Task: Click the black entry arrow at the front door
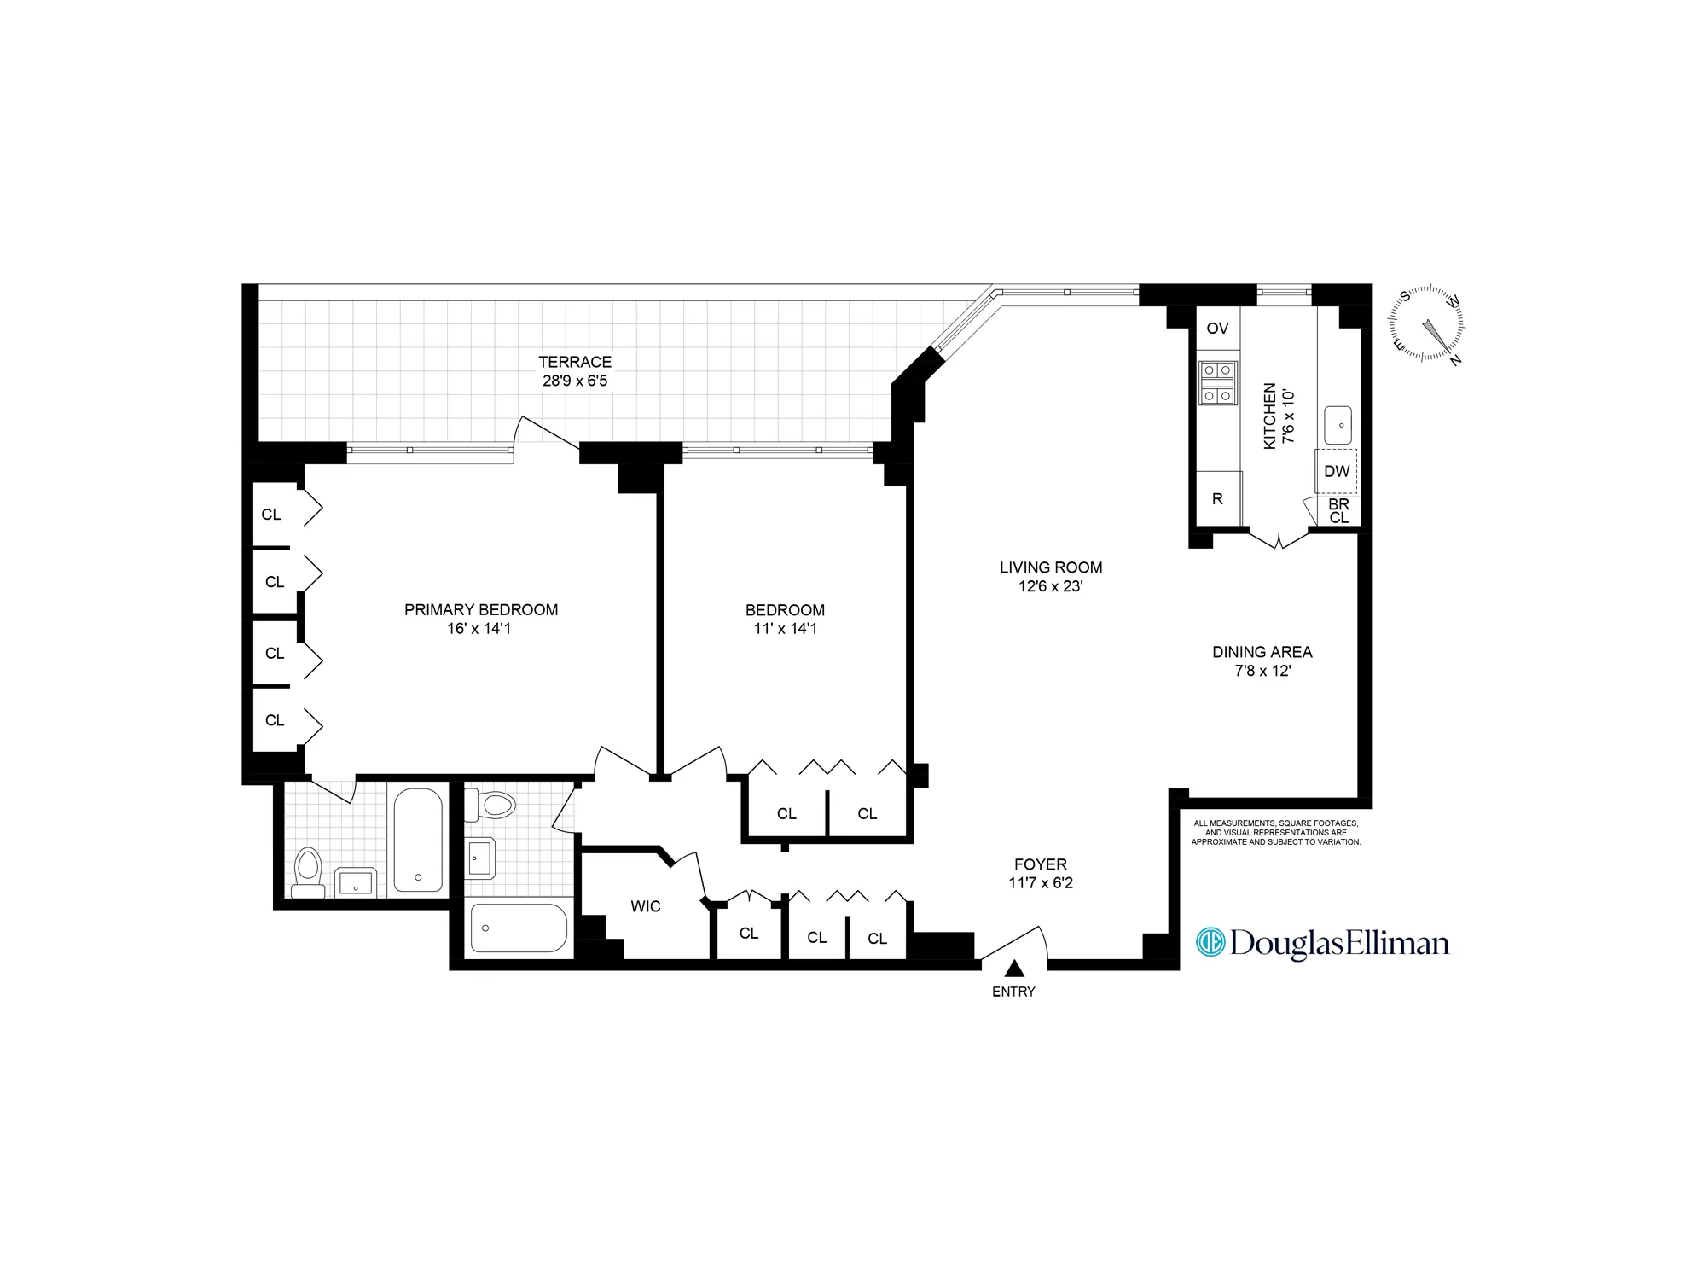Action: coord(1013,969)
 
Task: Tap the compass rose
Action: coord(1426,323)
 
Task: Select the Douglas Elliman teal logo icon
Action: coord(1210,942)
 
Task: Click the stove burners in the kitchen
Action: coord(1217,383)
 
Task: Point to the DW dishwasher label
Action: coord(1337,471)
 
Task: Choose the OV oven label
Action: coord(1217,329)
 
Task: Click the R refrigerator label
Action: coord(1217,499)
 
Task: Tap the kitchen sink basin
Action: coord(1338,425)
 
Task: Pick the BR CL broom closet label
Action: coord(1338,511)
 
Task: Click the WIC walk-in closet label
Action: coord(646,906)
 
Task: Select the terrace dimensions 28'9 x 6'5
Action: coord(575,381)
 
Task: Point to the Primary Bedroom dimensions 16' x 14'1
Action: coord(479,629)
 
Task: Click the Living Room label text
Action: coord(1051,567)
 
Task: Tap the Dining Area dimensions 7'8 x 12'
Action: coord(1262,671)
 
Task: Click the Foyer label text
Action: coord(1041,864)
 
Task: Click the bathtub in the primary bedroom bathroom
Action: coord(418,841)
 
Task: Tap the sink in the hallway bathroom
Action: coord(480,858)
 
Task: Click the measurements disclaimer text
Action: coord(1275,833)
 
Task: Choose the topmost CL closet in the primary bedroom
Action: coord(272,515)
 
